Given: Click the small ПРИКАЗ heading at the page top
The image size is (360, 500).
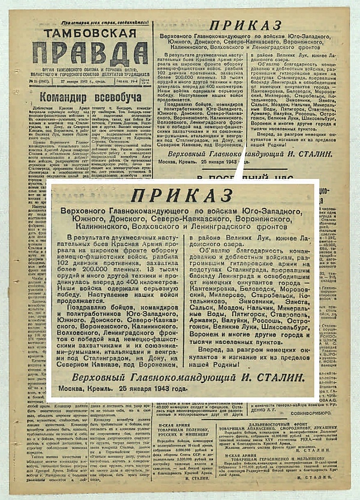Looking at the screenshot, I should (x=245, y=25).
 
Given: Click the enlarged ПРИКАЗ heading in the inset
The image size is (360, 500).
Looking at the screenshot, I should (x=182, y=196).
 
